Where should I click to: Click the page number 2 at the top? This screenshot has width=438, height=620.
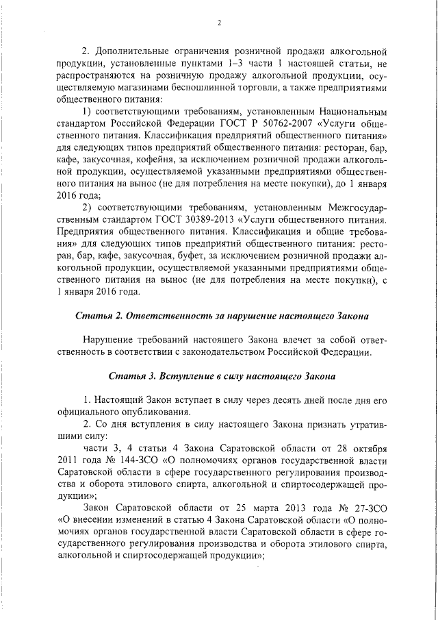[x=220, y=23]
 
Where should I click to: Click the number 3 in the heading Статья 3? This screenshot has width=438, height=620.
[x=153, y=377]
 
